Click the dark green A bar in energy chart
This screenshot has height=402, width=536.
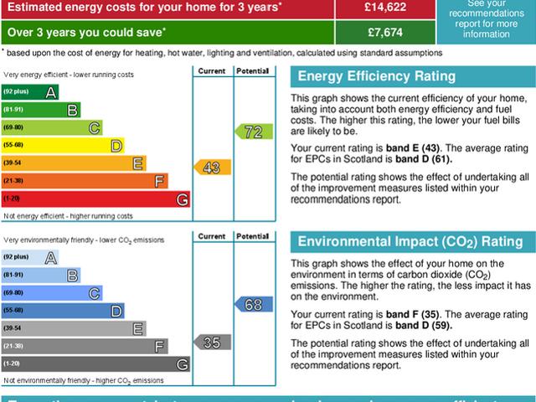(x=30, y=91)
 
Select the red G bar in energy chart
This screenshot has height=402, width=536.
(x=95, y=199)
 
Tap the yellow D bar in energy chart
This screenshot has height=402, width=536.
(x=63, y=146)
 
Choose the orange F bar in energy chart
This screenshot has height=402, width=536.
(x=85, y=181)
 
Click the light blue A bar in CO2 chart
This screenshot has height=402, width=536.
(x=30, y=257)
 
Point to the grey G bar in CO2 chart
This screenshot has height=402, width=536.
(x=95, y=364)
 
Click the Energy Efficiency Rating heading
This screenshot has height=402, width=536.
(x=378, y=76)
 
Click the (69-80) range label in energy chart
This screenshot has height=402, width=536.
(x=13, y=127)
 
